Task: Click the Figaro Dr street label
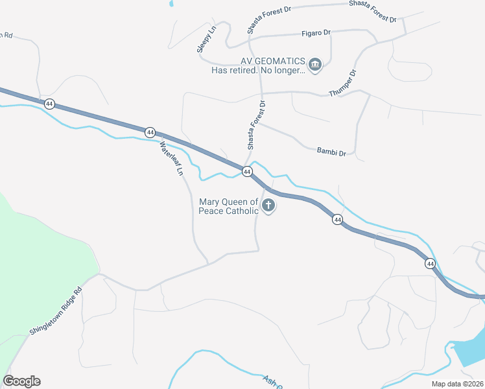pos(316,32)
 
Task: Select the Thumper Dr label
pos(343,82)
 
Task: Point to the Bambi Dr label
pos(331,152)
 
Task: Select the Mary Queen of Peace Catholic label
pos(229,206)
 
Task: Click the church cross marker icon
pos(268,207)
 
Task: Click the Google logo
pos(21,381)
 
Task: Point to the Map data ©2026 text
pos(457,384)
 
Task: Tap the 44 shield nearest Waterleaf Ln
pos(150,132)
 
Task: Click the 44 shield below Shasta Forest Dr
pos(247,172)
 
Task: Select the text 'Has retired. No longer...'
pos(257,71)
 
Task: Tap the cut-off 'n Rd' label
pos(6,35)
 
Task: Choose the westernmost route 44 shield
pos(49,103)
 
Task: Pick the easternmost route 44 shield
pos(430,263)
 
